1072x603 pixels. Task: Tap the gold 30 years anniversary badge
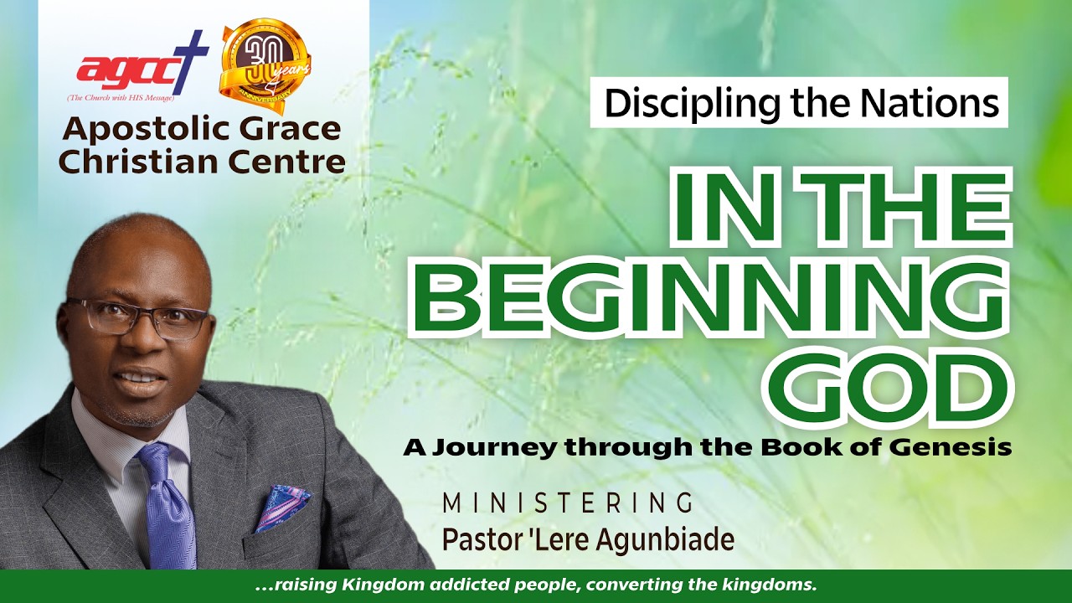pyautogui.click(x=265, y=65)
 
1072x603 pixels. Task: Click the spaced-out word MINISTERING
pyautogui.click(x=567, y=502)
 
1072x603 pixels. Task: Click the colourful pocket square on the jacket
pyautogui.click(x=281, y=508)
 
